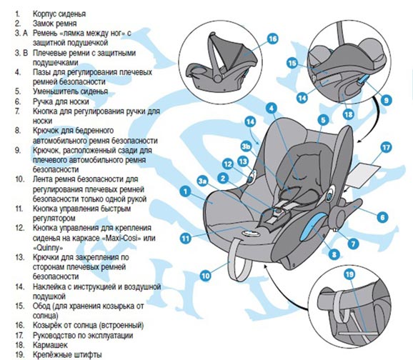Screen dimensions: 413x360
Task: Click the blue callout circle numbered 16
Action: point(272,39)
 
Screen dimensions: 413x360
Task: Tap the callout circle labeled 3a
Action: point(202,181)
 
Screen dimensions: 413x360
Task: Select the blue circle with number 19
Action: point(349,275)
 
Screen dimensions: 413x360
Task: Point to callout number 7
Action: point(353,244)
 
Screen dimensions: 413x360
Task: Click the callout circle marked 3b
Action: point(246,146)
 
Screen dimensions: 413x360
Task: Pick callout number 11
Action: point(186,239)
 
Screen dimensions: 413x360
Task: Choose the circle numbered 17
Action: point(386,147)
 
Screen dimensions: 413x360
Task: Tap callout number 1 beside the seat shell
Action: point(186,191)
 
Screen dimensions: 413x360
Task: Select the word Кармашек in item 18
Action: point(50,345)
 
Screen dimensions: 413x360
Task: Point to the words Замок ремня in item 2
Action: point(54,24)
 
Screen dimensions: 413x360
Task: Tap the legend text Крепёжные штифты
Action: point(67,355)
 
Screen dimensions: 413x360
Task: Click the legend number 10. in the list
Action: point(20,179)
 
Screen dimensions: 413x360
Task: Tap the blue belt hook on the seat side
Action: point(314,226)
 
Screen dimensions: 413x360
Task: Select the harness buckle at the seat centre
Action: point(277,211)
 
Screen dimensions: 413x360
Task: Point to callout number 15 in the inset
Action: point(292,64)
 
